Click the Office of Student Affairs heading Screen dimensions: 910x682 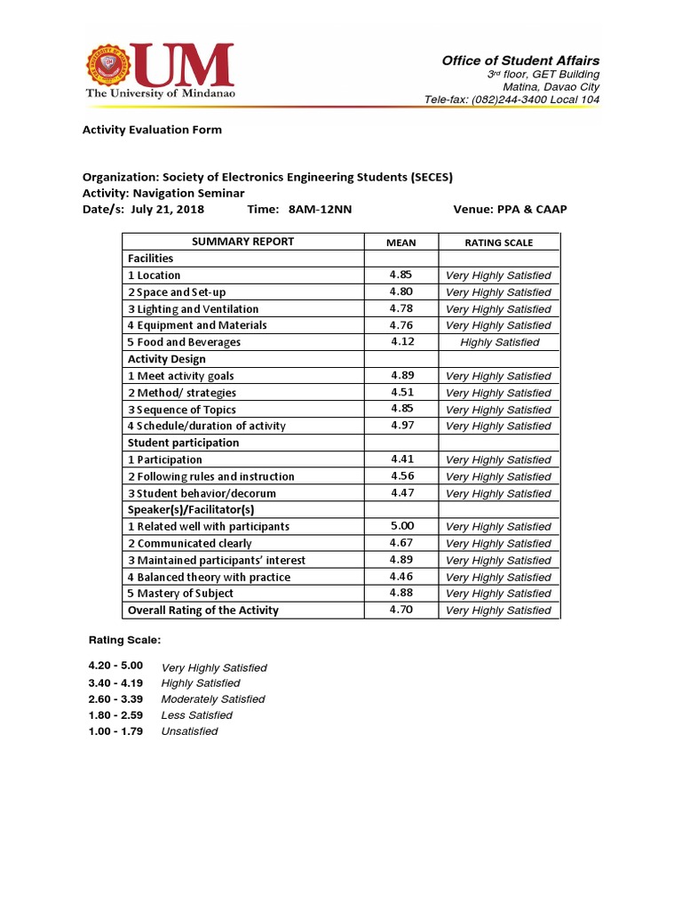(x=520, y=60)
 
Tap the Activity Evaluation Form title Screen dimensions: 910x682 (x=152, y=130)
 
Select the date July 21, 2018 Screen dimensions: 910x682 (x=167, y=210)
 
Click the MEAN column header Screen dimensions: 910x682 (x=400, y=243)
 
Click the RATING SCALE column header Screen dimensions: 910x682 (x=498, y=243)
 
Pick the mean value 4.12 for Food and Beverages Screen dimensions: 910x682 (x=402, y=342)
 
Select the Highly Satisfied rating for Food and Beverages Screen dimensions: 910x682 (x=499, y=342)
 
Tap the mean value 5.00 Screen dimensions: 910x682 (x=401, y=526)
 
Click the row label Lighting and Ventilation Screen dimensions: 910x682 (x=193, y=309)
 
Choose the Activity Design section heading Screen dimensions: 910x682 (x=166, y=359)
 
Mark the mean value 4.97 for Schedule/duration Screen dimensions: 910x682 (x=402, y=426)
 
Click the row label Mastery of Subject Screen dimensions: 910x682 (x=180, y=594)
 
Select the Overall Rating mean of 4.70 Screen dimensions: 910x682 (x=401, y=611)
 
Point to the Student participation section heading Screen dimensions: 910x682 (x=183, y=443)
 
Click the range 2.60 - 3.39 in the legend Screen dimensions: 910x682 (x=115, y=699)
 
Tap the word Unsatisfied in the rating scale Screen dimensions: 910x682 (x=189, y=731)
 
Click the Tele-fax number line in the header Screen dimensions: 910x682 (x=511, y=100)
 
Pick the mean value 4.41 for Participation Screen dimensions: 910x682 (x=401, y=459)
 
